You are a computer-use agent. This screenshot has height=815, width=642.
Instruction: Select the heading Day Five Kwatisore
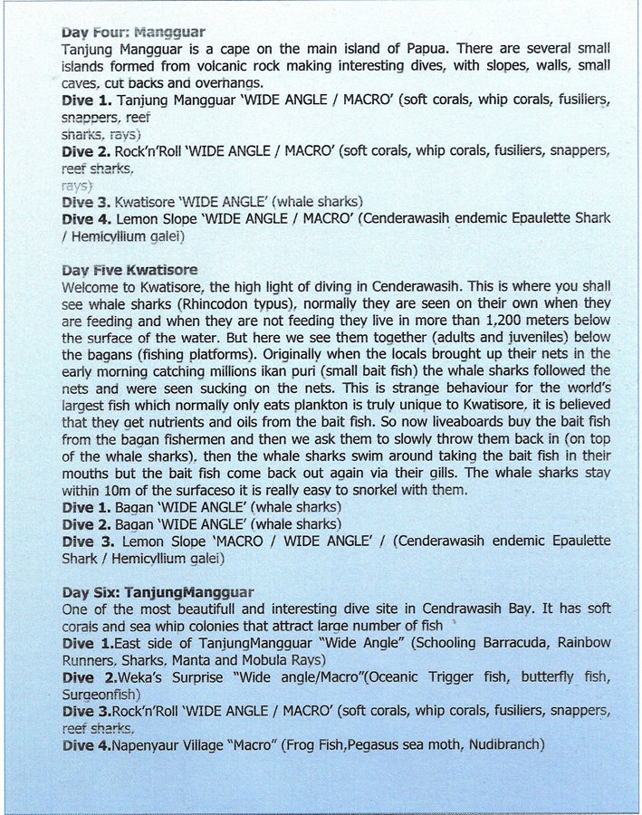pyautogui.click(x=129, y=270)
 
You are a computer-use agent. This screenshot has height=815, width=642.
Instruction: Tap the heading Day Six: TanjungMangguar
pyautogui.click(x=158, y=592)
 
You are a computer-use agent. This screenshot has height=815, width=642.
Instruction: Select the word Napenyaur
pyautogui.click(x=158, y=745)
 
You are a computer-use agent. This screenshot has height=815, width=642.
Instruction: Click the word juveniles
pyautogui.click(x=520, y=337)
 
